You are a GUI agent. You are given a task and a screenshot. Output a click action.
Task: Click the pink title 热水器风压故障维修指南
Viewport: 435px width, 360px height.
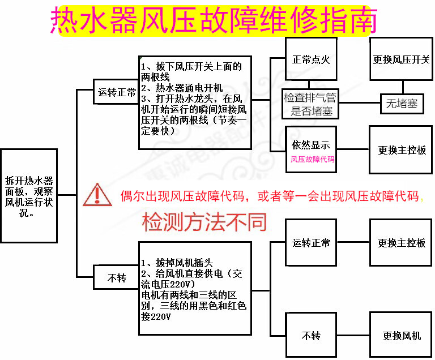(214, 21)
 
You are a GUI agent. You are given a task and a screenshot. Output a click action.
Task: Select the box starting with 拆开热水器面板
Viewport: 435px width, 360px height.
(29, 196)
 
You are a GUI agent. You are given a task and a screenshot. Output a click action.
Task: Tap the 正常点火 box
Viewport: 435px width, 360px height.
(311, 59)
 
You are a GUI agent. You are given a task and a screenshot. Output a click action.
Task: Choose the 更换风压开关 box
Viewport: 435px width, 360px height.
(402, 59)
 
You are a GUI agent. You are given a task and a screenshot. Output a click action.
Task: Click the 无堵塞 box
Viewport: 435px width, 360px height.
(402, 104)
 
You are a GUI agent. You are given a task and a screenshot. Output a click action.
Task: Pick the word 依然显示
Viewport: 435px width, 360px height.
(311, 145)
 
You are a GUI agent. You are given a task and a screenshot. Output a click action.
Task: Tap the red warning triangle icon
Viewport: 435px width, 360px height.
(97, 195)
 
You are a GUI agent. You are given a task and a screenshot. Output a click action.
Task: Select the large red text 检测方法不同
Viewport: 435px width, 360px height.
(204, 222)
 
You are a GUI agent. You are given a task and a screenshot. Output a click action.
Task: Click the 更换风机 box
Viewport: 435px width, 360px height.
(402, 335)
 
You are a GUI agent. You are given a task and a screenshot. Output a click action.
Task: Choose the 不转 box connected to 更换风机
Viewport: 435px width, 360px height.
(311, 335)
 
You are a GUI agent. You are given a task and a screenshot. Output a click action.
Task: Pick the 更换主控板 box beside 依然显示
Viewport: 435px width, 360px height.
(402, 151)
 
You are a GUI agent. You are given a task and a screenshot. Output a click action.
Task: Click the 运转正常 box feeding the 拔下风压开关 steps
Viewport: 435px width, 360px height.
(117, 92)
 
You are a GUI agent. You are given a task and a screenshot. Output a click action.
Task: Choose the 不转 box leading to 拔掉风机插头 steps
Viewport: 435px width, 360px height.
(117, 278)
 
